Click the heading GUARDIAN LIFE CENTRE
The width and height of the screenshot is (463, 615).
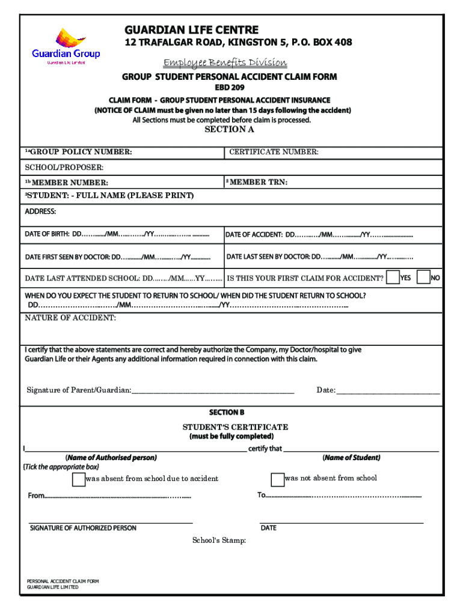191,30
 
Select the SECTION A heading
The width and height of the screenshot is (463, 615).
230,129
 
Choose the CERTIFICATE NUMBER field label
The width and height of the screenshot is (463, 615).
274,153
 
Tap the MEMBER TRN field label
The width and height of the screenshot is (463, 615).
257,182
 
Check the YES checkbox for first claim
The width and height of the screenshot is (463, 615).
393,277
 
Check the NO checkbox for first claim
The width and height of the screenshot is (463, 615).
423,277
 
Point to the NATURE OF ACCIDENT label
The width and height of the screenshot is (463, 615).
70,318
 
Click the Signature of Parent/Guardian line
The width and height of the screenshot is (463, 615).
212,390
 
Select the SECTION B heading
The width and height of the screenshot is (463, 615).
227,413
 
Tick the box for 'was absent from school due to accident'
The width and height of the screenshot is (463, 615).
78,479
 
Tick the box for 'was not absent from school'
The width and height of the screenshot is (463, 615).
277,479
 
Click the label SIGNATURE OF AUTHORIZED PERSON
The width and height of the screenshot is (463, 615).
83,528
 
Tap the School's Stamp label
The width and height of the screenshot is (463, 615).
219,541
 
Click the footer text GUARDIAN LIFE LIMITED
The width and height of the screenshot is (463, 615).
53,587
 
